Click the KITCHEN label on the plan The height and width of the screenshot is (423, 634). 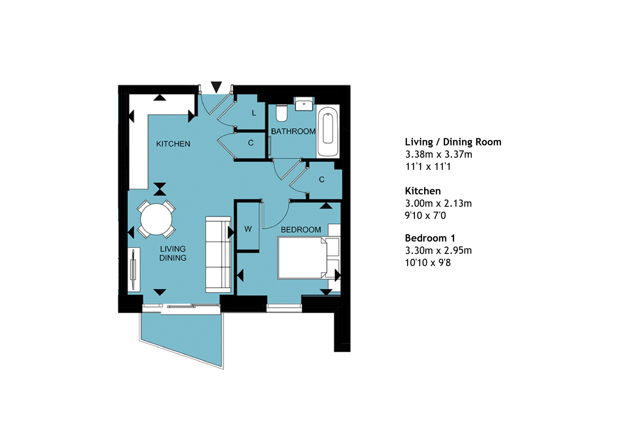173,144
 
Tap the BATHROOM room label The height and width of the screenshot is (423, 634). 293,131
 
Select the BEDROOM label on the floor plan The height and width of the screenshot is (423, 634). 301,230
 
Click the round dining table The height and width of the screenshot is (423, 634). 156,219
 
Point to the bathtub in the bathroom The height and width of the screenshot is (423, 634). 328,131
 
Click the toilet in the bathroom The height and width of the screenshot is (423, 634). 281,113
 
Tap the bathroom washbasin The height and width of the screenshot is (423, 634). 304,104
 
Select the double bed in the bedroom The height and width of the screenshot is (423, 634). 302,258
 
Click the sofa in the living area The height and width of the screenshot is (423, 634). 218,255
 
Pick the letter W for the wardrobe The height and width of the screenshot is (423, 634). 248,229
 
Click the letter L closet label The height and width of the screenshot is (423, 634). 254,113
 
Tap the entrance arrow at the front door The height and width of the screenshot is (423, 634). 216,87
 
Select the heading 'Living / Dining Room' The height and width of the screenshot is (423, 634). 453,142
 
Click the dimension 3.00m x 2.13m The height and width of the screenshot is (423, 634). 438,204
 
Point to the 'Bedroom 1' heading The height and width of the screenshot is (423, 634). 430,238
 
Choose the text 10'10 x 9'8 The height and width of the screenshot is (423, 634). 428,263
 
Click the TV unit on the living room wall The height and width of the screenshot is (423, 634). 134,269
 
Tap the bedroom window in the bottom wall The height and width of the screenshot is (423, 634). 284,308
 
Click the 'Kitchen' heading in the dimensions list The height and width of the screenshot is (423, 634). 423,191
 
